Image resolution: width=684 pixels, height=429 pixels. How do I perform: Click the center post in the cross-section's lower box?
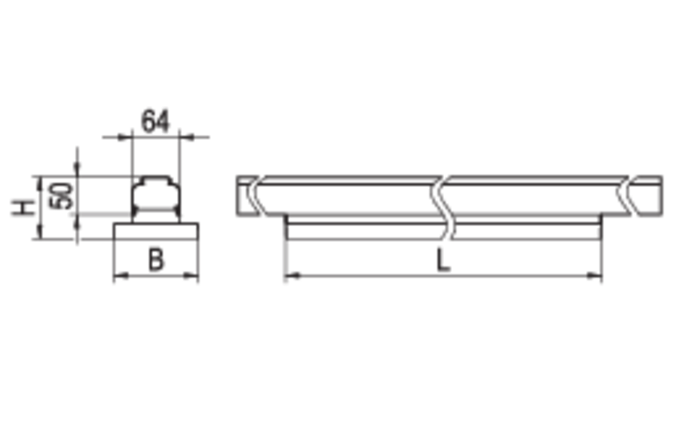(156, 257)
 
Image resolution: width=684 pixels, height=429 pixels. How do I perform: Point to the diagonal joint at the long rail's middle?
(441, 197)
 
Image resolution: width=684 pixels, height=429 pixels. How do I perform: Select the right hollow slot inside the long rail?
(534, 197)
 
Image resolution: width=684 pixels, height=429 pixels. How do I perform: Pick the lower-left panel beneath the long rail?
(364, 254)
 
